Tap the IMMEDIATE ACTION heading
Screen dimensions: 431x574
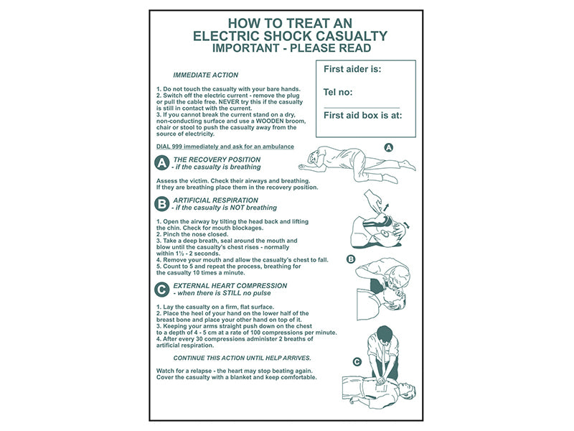point(206,75)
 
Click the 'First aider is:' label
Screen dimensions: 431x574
point(352,70)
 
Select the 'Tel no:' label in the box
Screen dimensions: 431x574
point(338,92)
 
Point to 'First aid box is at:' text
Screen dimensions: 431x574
point(362,114)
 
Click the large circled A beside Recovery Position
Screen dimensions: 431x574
point(162,163)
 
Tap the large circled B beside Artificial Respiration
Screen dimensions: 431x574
point(162,204)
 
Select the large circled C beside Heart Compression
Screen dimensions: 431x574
point(162,289)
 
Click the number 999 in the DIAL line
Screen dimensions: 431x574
point(178,147)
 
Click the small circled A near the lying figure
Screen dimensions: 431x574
point(390,147)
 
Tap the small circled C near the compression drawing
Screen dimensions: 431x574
point(357,362)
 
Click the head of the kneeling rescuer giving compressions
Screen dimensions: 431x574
point(385,334)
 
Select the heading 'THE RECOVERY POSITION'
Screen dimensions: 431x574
point(217,159)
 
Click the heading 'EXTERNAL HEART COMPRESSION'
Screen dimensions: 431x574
point(230,285)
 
